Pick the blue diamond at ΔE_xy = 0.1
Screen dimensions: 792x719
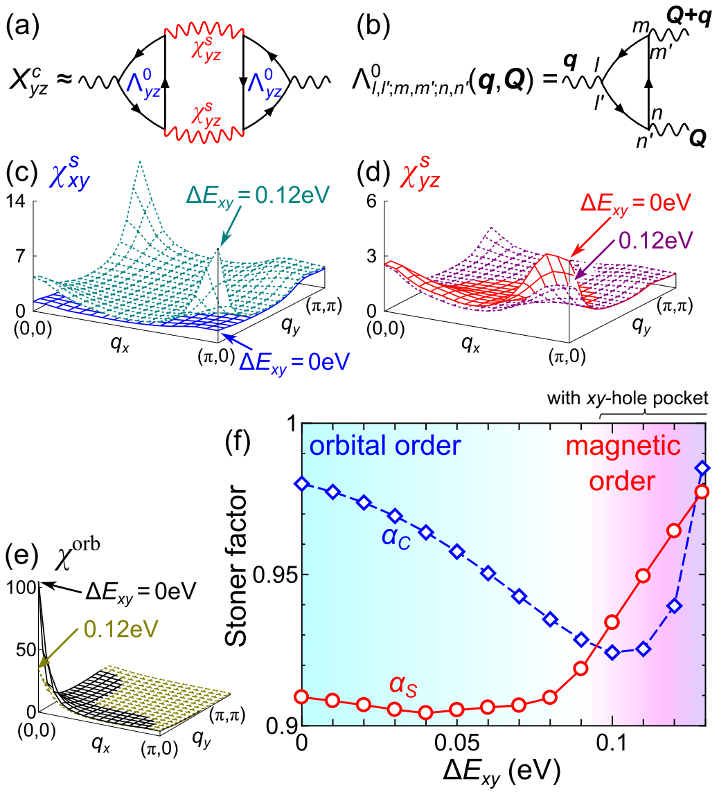[x=612, y=652]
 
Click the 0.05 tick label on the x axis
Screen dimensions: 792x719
[x=456, y=745]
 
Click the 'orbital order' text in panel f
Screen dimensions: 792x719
[x=384, y=446]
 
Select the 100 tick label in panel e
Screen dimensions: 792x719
[x=17, y=589]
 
